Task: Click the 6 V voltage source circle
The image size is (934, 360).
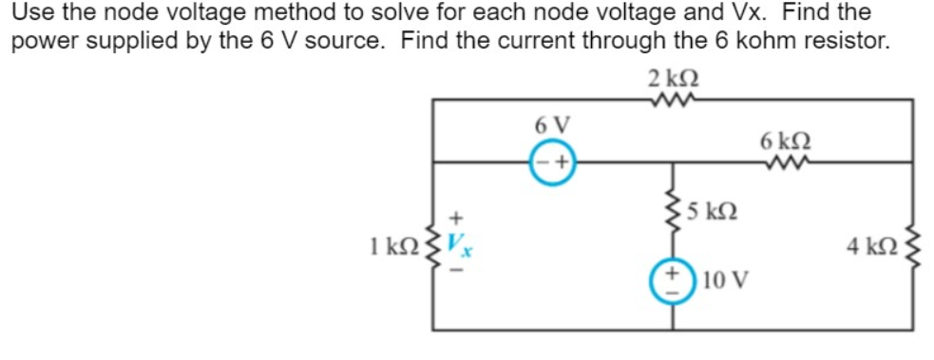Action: tap(553, 165)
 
